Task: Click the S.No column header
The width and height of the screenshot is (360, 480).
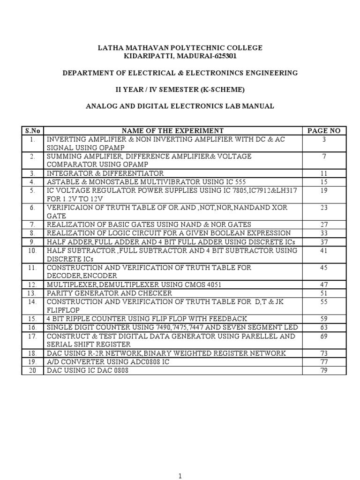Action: pos(32,131)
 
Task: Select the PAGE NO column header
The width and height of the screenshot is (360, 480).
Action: pos(323,131)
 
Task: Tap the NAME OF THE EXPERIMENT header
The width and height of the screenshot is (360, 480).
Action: pos(172,131)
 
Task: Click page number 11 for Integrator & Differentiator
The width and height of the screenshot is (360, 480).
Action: pos(323,173)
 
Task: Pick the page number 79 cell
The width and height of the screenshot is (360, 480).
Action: pos(323,370)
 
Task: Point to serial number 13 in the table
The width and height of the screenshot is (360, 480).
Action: pos(32,293)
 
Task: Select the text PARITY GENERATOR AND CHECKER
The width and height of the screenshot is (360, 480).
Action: pos(109,293)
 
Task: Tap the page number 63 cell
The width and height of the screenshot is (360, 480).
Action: pos(323,327)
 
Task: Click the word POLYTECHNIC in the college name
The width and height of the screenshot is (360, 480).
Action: pos(180,48)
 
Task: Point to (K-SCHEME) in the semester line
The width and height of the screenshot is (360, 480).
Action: pos(221,90)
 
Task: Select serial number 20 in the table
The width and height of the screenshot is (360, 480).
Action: pos(32,370)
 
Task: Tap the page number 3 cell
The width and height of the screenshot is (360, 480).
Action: pos(323,140)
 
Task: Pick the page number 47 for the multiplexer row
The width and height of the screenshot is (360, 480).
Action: pos(323,285)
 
